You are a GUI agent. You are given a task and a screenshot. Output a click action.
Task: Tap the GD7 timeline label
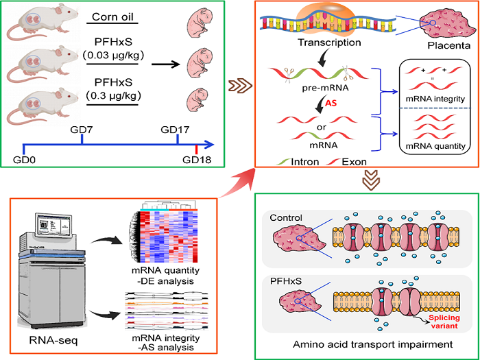pos(82,128)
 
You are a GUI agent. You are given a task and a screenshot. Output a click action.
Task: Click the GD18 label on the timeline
pos(197,161)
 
